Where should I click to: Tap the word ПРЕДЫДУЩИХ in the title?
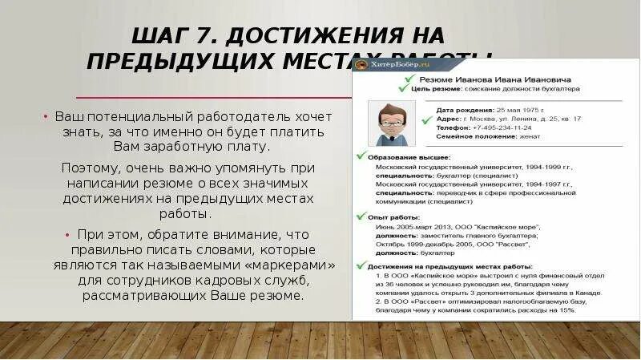point(175,62)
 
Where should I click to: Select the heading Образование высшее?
point(409,157)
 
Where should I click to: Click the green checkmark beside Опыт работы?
point(361,216)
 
